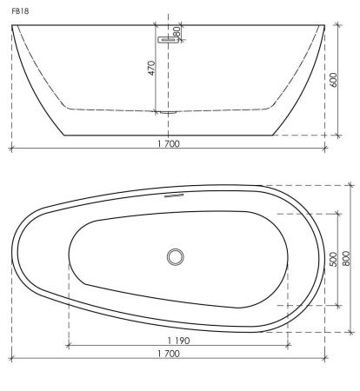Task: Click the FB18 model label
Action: tap(20, 11)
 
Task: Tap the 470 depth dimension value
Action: tap(152, 68)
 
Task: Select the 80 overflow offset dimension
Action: tap(177, 31)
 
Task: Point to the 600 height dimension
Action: tap(333, 80)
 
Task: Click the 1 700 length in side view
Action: tap(169, 143)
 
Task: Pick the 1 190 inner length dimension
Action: tap(178, 341)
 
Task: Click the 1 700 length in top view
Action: tap(169, 354)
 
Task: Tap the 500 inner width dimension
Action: tap(333, 259)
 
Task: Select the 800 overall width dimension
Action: tap(346, 258)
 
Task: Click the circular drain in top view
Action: tap(176, 257)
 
